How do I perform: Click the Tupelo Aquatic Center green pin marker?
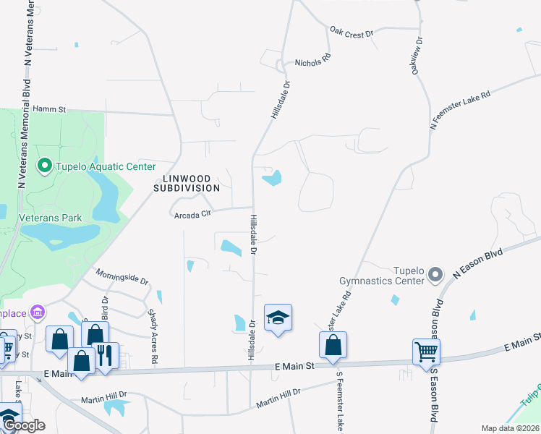pos(44,167)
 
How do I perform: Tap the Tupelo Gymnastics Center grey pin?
pos(435,275)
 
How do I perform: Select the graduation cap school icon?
pos(278,318)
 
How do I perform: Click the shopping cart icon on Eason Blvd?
pos(427,352)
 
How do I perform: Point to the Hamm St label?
pos(49,109)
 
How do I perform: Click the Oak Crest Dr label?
pos(351,33)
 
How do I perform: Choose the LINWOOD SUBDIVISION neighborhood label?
pos(186,182)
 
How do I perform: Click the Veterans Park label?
pos(51,217)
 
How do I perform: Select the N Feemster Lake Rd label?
pos(460,109)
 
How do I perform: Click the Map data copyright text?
pos(511,428)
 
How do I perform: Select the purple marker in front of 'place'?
pos(37,312)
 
